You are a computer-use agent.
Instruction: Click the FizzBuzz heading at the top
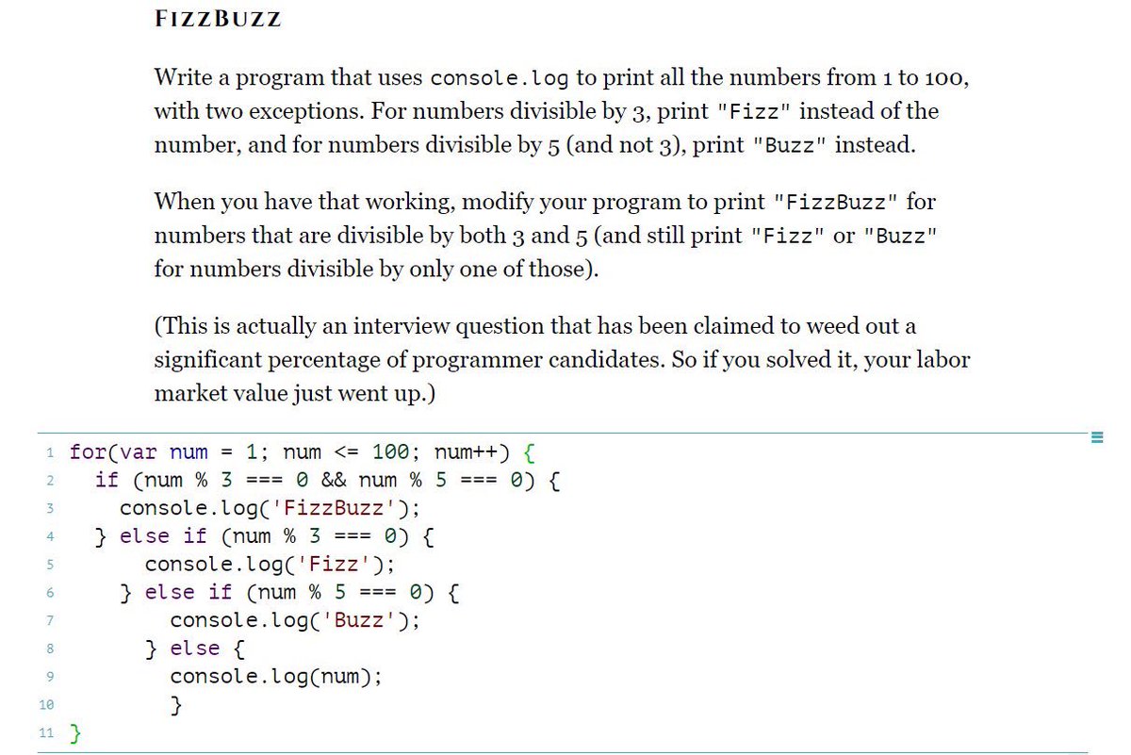pos(217,21)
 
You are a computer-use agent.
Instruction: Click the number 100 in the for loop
pos(391,451)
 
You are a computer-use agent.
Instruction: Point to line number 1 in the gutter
pos(47,452)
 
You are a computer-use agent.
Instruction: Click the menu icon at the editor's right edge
pos(1094,436)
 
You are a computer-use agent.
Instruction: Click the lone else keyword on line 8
pos(195,648)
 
